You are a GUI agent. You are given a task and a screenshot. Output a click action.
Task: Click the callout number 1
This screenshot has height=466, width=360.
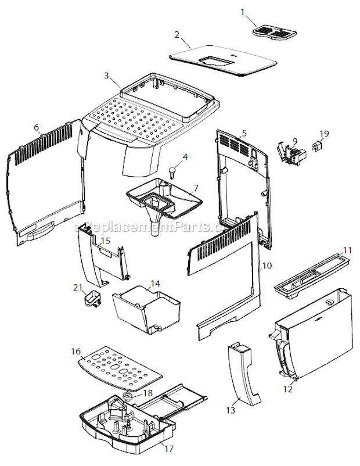(244, 11)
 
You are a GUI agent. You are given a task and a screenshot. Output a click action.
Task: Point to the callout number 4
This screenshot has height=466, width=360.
(185, 156)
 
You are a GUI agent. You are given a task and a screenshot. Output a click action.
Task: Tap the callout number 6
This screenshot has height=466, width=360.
(37, 127)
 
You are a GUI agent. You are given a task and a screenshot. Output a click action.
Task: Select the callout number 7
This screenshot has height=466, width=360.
(196, 188)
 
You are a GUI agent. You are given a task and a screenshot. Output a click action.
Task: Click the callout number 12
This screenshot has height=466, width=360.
(288, 389)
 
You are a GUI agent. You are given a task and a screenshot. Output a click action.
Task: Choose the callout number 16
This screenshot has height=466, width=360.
(76, 352)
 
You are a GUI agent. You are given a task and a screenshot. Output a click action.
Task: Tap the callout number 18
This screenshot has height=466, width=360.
(148, 393)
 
